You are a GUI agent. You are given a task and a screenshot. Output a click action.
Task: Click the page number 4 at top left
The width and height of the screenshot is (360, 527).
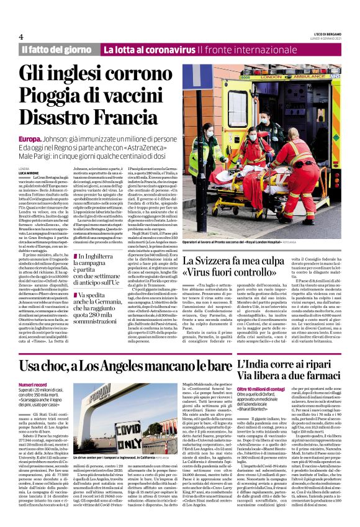point(21,37)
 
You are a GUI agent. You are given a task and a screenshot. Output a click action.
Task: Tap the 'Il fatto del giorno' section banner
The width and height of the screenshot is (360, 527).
point(57,49)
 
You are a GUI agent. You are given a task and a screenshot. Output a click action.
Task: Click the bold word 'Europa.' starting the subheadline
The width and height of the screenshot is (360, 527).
point(30,138)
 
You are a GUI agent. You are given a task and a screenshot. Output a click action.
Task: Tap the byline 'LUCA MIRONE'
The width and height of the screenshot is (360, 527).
point(30,173)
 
